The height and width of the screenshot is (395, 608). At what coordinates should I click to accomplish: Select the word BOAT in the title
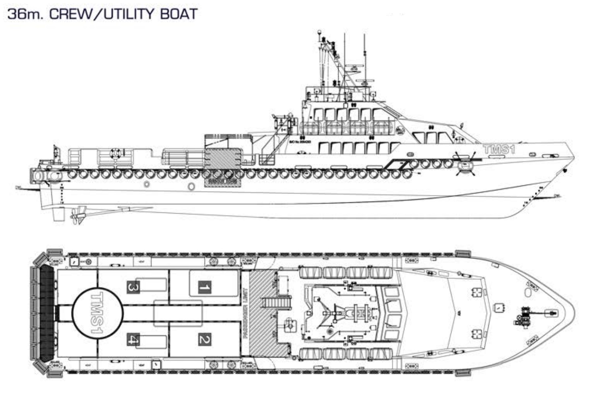179,14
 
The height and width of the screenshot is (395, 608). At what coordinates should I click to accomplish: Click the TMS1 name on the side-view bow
499,149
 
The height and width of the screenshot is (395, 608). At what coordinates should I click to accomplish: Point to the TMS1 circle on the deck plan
97,313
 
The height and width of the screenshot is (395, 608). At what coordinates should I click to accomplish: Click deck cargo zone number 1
204,288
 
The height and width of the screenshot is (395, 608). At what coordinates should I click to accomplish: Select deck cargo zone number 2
204,339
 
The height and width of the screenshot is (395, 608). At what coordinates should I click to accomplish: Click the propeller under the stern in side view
79,214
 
